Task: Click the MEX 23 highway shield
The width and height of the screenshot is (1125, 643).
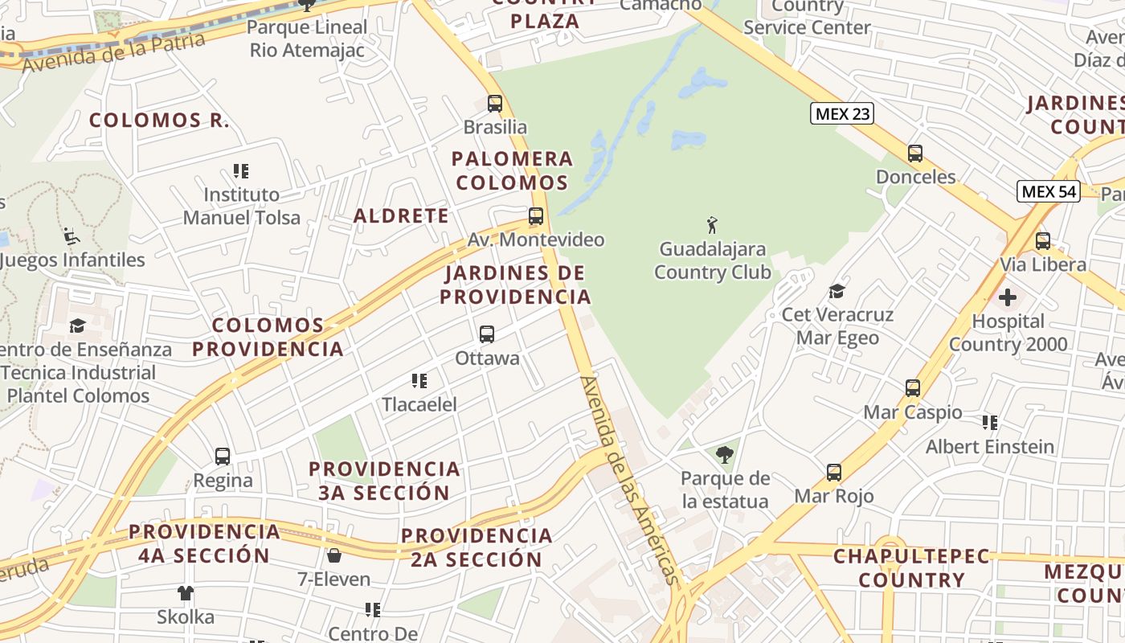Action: coord(841,113)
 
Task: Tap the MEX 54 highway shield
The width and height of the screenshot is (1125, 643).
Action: coord(1048,191)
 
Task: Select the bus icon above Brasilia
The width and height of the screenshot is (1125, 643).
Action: coord(495,104)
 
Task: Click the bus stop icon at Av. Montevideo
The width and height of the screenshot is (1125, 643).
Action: coord(536,216)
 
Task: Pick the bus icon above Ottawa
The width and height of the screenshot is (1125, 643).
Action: coord(487,334)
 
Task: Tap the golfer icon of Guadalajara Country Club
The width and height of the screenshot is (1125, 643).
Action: coord(712,225)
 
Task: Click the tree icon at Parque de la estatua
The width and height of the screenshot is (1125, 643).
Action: coord(725,455)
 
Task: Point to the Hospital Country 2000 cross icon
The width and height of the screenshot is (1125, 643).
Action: coord(1007,298)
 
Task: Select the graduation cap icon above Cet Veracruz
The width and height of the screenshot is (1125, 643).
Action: coord(837,291)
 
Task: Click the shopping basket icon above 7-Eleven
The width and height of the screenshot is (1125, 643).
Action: coord(334,555)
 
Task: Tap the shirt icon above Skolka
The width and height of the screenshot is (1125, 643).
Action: coord(186,594)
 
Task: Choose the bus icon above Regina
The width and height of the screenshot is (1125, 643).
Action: coord(223,457)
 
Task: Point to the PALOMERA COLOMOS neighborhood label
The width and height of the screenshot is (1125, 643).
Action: coord(512,170)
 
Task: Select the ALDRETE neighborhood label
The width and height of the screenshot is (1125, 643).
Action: coord(401,215)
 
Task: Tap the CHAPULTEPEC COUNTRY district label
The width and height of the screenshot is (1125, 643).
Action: coord(911,567)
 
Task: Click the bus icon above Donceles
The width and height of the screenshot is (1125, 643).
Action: coord(915,154)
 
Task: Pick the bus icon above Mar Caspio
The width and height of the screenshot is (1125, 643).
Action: coord(913,388)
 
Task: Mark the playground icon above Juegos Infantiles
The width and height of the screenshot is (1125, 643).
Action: coord(72,236)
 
